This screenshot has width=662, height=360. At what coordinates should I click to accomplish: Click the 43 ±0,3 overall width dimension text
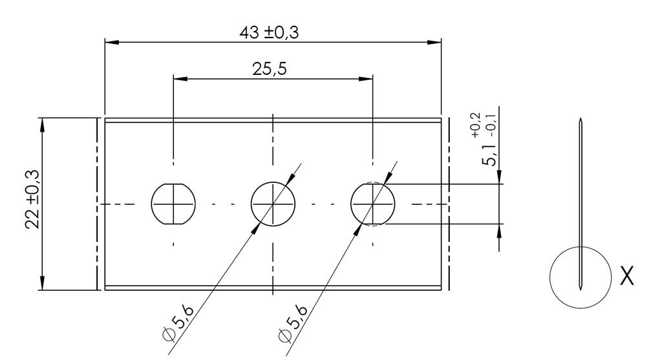[x=269, y=32]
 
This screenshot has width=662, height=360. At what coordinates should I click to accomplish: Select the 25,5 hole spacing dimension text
[x=270, y=70]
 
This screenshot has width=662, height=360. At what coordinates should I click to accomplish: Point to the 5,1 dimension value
[x=491, y=154]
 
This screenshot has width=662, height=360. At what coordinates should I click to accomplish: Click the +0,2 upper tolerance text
[x=476, y=125]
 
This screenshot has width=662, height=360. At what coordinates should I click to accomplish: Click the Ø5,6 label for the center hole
[x=177, y=323]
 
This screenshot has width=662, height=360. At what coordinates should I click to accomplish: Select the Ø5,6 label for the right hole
[x=292, y=323]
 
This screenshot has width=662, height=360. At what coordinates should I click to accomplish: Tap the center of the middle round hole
[x=273, y=204]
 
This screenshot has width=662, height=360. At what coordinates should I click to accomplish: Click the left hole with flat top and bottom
[x=173, y=204]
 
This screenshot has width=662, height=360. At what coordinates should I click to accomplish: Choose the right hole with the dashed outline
[x=372, y=204]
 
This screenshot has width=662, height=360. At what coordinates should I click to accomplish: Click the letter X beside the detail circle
[x=626, y=276]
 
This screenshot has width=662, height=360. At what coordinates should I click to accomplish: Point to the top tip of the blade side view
[x=581, y=120]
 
